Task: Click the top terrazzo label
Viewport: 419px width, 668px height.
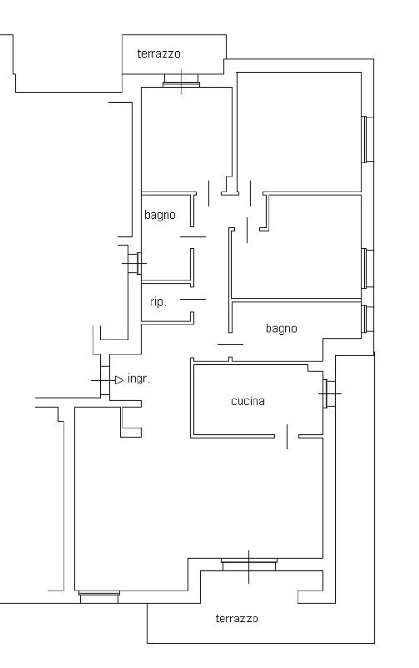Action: [x=159, y=54]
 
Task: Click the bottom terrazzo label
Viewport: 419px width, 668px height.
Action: [x=237, y=619]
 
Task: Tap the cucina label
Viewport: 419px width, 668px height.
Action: [x=248, y=401]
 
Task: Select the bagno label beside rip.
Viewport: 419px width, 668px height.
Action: [x=160, y=215]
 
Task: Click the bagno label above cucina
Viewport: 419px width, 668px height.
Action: [x=281, y=328]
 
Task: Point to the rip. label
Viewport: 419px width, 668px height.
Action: [x=158, y=302]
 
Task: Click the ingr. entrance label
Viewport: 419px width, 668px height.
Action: [x=139, y=379]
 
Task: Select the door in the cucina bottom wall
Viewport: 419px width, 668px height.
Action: [x=287, y=436]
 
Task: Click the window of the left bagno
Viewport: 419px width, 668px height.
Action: [x=135, y=263]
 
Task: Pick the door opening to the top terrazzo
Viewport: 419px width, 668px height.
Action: [x=181, y=81]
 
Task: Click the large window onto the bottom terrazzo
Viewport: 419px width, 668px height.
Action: [x=249, y=565]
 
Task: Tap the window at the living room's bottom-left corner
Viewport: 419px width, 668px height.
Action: [x=99, y=597]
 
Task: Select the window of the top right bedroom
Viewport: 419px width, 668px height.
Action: [x=367, y=139]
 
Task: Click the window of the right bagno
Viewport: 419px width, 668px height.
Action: [x=367, y=319]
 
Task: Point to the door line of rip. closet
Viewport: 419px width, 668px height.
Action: [x=193, y=299]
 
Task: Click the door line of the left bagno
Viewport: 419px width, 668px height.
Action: [x=193, y=237]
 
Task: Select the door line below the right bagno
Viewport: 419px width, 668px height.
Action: [x=230, y=344]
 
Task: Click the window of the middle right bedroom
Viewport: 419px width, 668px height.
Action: [x=367, y=268]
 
